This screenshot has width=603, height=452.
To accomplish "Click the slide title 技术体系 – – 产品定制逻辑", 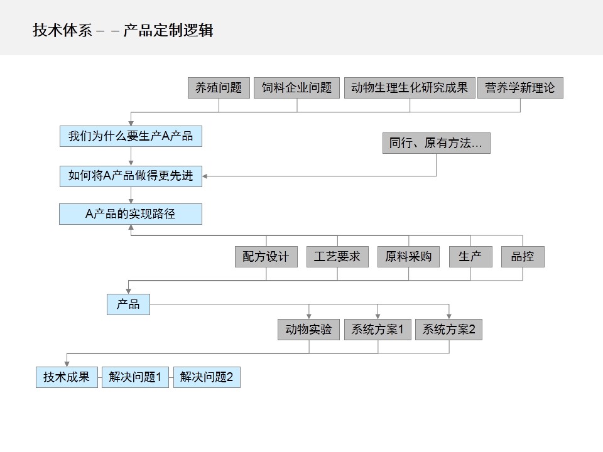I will (123, 30).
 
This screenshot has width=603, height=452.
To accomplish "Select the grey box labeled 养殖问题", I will (219, 88).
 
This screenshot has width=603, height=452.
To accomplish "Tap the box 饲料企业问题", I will (297, 88).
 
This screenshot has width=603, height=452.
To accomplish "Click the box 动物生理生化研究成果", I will (410, 88).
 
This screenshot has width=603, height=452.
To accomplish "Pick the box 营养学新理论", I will (520, 88).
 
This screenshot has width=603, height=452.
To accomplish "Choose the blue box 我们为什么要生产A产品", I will (131, 136).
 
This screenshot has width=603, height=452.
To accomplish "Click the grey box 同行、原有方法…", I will (436, 143).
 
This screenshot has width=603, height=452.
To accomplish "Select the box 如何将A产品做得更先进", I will (131, 176).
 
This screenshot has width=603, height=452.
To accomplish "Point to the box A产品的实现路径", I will (131, 214).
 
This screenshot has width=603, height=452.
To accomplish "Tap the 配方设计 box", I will (266, 257).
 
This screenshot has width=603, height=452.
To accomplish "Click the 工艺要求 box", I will (337, 257).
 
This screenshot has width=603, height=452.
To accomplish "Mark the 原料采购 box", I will (408, 257).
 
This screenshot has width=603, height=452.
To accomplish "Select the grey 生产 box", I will (470, 257).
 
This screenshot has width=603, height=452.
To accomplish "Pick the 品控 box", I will (523, 257).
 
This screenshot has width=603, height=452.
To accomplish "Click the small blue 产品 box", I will (128, 304).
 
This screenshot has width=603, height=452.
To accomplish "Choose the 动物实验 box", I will (308, 330).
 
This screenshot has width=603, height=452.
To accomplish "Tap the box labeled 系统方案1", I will (378, 330).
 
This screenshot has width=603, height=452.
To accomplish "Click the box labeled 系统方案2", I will (448, 330).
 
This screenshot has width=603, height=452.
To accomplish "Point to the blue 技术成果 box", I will (67, 377).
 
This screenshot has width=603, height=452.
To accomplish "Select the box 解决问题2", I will (207, 377).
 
